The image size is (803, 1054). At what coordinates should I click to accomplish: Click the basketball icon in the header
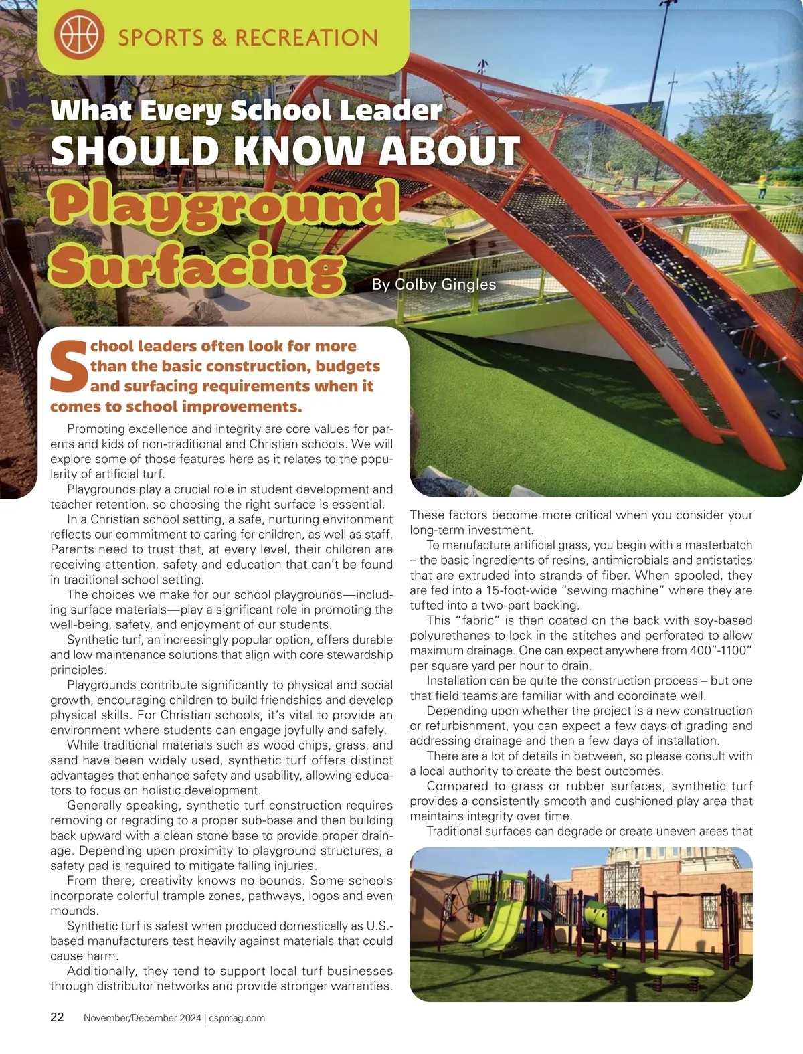(x=78, y=36)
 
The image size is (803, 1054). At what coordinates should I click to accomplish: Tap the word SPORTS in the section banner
(x=161, y=38)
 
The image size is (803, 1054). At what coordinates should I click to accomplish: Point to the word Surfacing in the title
(x=197, y=267)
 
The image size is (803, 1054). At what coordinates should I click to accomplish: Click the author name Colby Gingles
(x=445, y=284)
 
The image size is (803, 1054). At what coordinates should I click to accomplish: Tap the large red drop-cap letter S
(x=69, y=367)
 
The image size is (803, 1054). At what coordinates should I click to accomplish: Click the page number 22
(x=58, y=1017)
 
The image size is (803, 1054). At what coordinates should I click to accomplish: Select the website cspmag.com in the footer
(x=237, y=1018)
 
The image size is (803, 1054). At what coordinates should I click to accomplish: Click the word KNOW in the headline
(x=299, y=150)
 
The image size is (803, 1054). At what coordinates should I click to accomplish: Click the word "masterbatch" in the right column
(x=719, y=545)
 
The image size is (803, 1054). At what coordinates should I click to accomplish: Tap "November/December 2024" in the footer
(x=142, y=1018)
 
